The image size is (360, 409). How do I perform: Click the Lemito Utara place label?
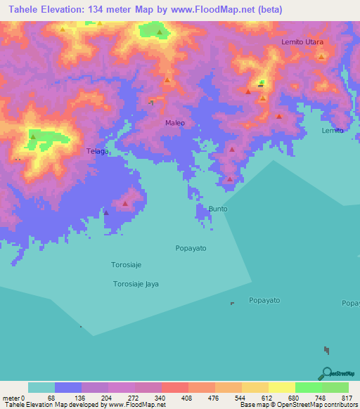coord(302,42)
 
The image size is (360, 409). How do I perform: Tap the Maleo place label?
coord(175,123)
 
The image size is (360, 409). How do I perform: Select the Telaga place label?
coord(97,151)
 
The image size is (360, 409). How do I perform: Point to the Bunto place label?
coord(218,209)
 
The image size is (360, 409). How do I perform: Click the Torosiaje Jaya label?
coord(136,284)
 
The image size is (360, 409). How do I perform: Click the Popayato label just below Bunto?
coord(191,249)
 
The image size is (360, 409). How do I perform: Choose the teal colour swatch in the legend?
coord(41,387)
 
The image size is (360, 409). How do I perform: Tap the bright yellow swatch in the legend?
coord(281,387)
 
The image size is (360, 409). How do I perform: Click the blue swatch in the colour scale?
coord(68,387)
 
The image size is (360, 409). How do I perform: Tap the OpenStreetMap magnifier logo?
coord(326,372)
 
